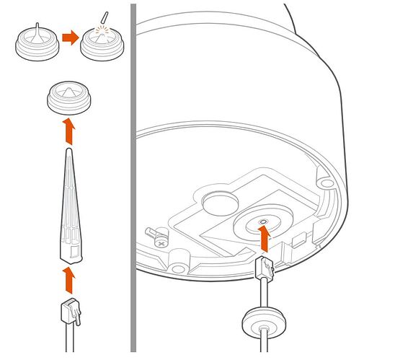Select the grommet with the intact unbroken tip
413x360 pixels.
point(35,45)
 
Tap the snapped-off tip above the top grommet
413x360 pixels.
point(105,17)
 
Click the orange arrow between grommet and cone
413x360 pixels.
point(69,131)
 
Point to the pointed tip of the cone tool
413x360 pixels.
point(68,152)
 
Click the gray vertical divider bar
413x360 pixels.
point(133,180)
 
